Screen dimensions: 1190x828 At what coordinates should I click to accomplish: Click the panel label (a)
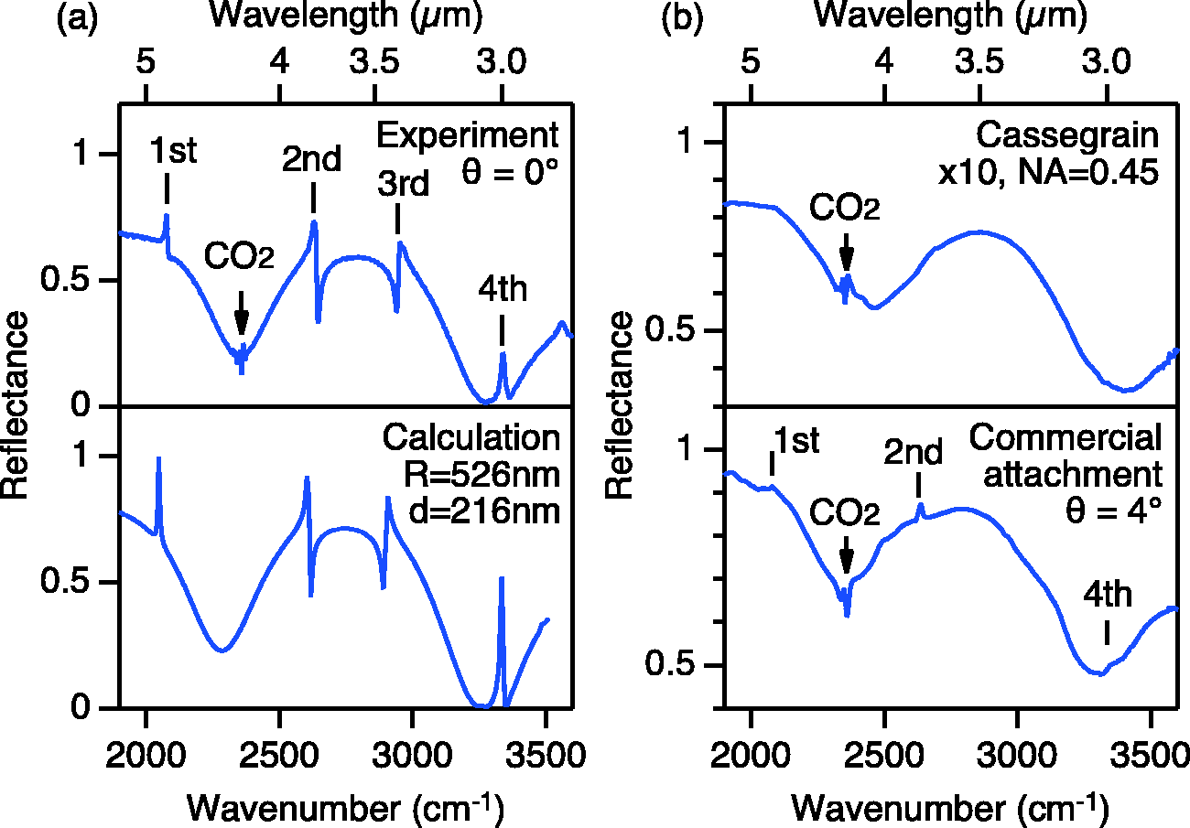click(x=78, y=18)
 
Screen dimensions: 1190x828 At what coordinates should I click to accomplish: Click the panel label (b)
click(x=683, y=18)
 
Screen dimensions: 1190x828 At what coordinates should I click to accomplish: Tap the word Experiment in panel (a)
click(x=468, y=135)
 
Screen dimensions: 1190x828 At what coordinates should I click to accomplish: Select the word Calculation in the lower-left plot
click(x=471, y=438)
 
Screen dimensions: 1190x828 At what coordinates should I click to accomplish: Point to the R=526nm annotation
click(x=482, y=475)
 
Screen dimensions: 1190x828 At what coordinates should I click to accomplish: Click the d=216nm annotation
click(x=484, y=511)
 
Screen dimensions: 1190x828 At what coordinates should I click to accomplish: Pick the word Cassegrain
click(x=1068, y=136)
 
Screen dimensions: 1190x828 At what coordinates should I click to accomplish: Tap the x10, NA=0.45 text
click(x=1048, y=173)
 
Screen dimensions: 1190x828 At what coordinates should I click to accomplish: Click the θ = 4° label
click(x=1113, y=511)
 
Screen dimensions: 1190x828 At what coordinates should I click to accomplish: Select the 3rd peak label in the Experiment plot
click(x=403, y=184)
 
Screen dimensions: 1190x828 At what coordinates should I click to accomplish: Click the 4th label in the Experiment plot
click(x=503, y=289)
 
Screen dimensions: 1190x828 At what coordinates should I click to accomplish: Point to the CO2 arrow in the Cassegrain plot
click(x=847, y=253)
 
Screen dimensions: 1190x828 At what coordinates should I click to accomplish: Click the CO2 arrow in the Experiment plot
click(x=241, y=313)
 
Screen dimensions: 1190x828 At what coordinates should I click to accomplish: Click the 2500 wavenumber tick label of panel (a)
click(x=279, y=755)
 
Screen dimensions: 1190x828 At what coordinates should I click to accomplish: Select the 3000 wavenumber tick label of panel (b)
click(x=1017, y=755)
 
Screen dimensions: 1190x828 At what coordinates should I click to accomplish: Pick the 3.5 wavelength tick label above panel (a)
click(x=374, y=61)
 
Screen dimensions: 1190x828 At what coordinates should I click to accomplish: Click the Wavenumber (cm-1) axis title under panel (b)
click(x=950, y=809)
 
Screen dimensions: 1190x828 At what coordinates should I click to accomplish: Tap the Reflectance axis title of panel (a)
click(x=15, y=404)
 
